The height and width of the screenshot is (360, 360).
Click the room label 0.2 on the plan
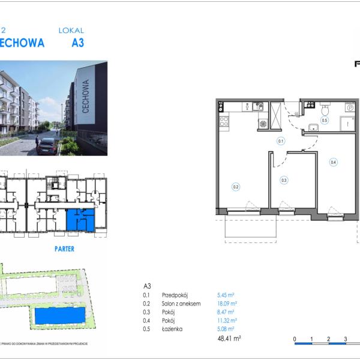pos(236,187)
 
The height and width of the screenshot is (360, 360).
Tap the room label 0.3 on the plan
pos(284,179)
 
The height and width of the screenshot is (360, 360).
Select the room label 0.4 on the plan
pos(333,161)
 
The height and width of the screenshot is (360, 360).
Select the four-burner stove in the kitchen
pos(224,122)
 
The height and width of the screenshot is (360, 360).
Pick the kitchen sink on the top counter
pos(259,107)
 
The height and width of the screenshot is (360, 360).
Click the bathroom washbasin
pos(313,127)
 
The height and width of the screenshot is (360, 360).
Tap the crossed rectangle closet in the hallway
pos(276,113)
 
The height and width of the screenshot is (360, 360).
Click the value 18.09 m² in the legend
pos(227,304)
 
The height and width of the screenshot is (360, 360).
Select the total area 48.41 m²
pos(229,338)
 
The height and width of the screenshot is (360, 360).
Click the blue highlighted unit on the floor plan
pos(79,220)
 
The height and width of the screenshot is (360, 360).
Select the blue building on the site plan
pos(56,316)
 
